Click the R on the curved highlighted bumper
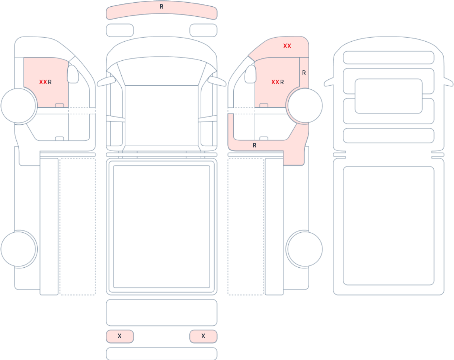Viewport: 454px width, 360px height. [x=161, y=7]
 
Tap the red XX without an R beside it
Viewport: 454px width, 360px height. [x=287, y=46]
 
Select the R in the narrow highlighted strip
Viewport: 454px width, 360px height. [x=304, y=73]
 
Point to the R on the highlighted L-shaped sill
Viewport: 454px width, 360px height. [x=255, y=146]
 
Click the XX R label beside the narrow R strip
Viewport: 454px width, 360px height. [x=277, y=82]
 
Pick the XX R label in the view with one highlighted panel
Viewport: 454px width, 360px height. [x=45, y=82]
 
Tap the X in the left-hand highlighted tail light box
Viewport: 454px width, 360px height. [x=119, y=336]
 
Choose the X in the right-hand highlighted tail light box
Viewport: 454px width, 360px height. [x=203, y=336]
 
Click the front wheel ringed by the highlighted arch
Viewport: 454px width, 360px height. [x=305, y=106]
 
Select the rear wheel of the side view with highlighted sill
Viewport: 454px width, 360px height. [x=305, y=249]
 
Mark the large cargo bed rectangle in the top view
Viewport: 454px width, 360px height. [x=162, y=226]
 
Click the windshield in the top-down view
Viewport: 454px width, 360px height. [x=162, y=71]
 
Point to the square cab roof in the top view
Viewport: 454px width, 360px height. [x=162, y=115]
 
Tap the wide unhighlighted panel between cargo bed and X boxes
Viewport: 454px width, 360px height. [x=162, y=312]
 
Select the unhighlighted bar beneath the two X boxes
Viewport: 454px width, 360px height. [x=162, y=353]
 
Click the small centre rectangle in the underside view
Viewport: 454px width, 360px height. [x=389, y=96]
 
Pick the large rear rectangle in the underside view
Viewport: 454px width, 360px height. [x=389, y=226]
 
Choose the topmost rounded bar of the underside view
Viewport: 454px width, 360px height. [x=389, y=58]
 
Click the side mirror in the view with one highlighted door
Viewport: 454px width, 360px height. [x=73, y=74]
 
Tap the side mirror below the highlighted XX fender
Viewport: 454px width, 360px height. [x=250, y=74]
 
